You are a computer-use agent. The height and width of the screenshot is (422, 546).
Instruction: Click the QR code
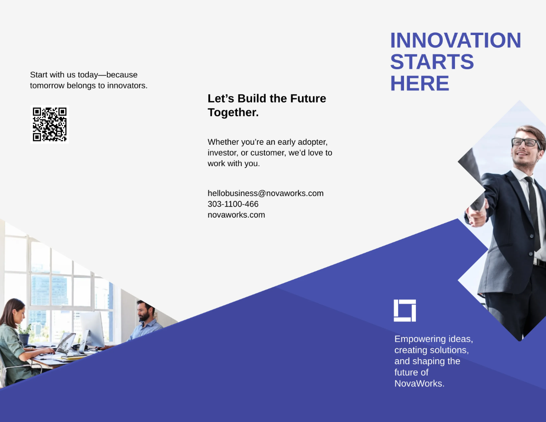click(x=50, y=124)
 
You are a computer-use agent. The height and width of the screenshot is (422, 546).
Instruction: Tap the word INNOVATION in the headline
click(x=455, y=41)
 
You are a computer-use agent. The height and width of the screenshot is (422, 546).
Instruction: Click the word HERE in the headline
click(x=420, y=84)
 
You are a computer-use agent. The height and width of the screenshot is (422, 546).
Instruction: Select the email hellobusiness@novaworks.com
click(x=265, y=193)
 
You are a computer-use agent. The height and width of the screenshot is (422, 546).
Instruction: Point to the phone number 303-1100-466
click(x=233, y=204)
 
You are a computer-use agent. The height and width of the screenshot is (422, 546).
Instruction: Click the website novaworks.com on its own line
click(x=236, y=215)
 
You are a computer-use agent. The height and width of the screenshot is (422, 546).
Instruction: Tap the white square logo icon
click(x=404, y=310)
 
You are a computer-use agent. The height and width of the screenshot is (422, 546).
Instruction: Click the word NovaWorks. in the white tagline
click(x=419, y=383)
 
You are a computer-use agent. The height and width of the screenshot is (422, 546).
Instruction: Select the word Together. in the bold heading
click(x=233, y=113)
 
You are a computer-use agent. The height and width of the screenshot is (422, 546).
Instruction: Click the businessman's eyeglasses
click(x=525, y=142)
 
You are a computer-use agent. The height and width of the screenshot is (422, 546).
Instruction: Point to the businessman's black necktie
click(x=534, y=209)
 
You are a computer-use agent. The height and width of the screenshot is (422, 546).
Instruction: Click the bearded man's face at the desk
click(x=145, y=312)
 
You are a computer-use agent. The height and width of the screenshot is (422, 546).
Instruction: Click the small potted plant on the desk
click(x=25, y=335)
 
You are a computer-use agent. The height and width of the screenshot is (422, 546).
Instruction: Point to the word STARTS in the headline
click(x=432, y=62)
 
